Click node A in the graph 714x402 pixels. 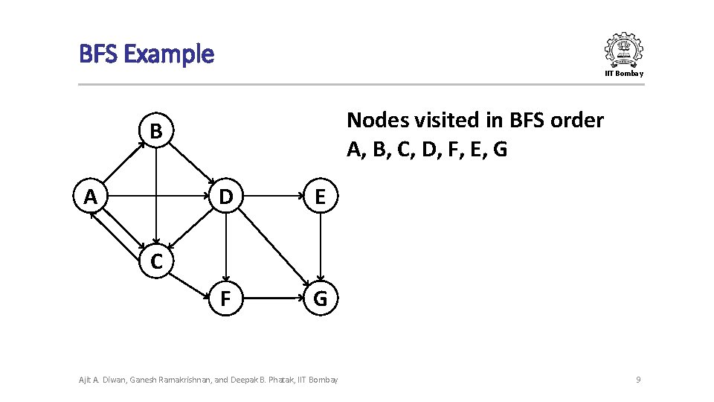91,197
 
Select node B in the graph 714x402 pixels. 155,132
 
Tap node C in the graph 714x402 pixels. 155,261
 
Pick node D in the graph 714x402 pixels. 225,197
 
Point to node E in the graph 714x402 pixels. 321,197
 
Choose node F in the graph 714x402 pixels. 225,299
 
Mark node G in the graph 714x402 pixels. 321,299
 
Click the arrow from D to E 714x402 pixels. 273,197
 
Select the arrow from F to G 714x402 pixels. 273,299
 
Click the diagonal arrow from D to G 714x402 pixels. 273,248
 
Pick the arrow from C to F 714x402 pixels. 190,281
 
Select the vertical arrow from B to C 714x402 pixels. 155,197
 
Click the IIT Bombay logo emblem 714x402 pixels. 623,50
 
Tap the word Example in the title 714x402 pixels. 169,54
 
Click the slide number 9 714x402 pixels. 638,380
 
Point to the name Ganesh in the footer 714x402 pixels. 146,380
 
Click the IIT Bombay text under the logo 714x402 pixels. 624,73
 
